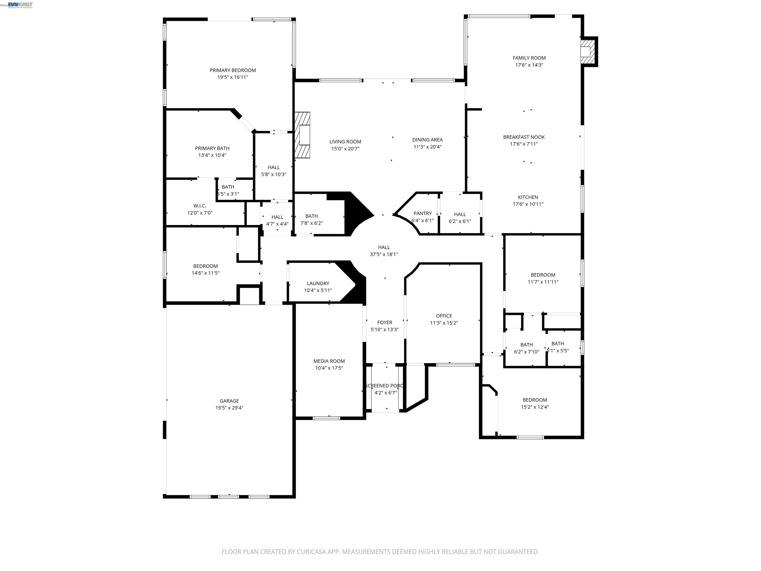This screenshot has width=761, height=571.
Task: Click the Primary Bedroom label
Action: pos(233,70)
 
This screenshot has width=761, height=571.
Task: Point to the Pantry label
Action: pos(422,213)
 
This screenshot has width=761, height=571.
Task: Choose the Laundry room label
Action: pos(318,283)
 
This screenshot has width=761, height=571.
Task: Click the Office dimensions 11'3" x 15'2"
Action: pos(444,323)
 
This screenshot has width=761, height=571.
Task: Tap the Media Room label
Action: pos(329,361)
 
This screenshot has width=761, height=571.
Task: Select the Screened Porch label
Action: pos(384,386)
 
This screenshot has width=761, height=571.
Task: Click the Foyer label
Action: pos(385,322)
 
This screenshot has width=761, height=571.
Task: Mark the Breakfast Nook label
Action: pos(524,137)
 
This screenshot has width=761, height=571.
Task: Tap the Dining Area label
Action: pos(427,140)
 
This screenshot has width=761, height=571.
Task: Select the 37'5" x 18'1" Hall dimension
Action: pos(384,254)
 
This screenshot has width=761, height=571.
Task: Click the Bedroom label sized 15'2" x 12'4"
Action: pos(535,400)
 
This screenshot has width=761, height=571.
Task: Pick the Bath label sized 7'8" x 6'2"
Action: pos(311,216)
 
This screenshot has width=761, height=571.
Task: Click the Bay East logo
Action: pos(20,4)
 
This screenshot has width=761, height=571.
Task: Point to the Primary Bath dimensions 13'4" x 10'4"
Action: pos(212,155)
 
